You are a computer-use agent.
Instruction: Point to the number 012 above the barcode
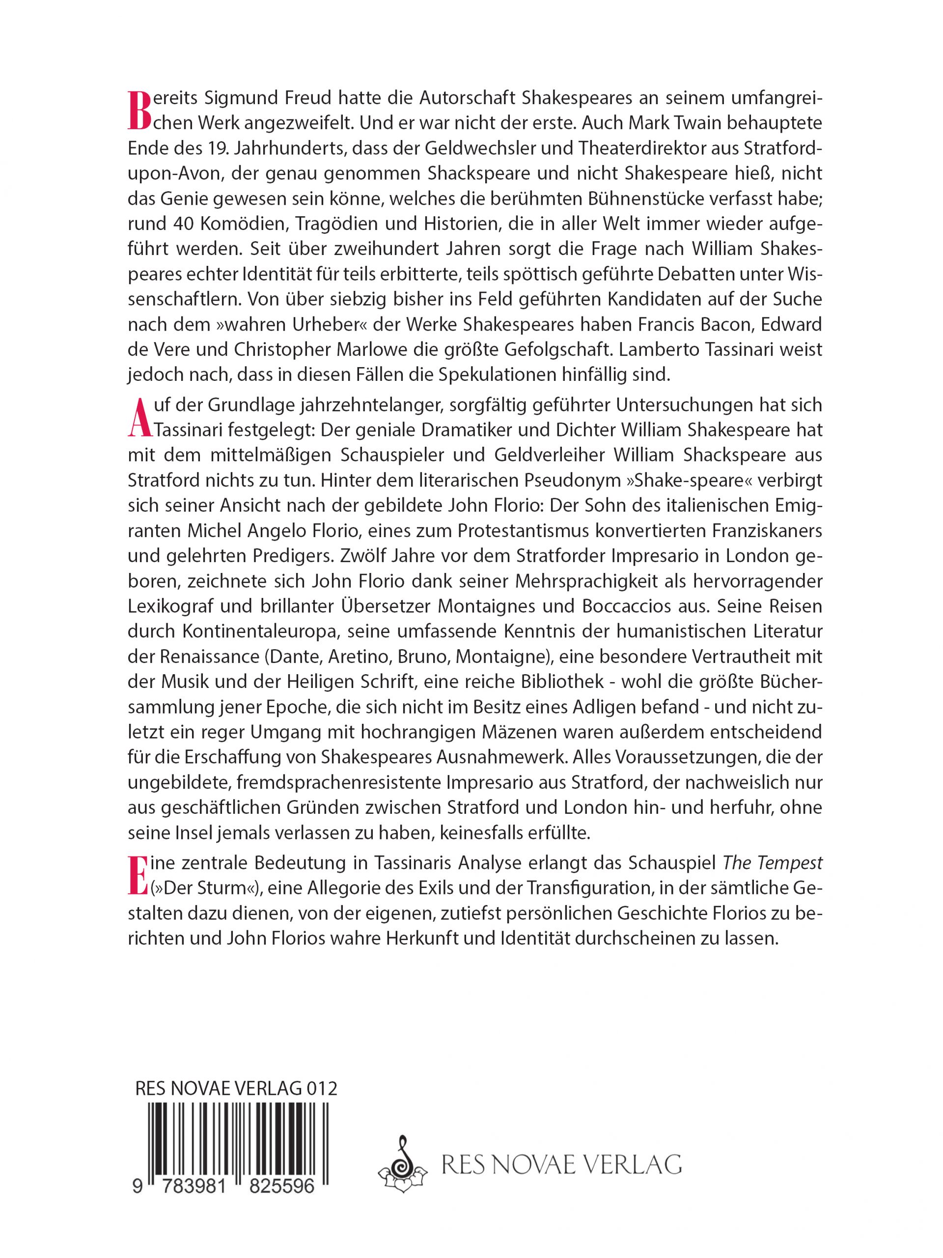pos(321,1088)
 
